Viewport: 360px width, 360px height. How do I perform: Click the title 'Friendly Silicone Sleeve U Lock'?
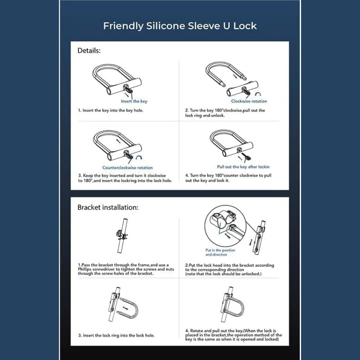pyautogui.click(x=180, y=26)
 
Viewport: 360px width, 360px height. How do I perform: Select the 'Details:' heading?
pyautogui.click(x=89, y=50)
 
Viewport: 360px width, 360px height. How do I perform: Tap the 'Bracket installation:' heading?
pyautogui.click(x=108, y=207)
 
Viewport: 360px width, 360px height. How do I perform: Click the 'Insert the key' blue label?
pyautogui.click(x=134, y=101)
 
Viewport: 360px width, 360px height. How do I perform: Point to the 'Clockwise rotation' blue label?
pyautogui.click(x=249, y=101)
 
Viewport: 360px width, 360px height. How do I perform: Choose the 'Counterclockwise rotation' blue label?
pyautogui.click(x=127, y=167)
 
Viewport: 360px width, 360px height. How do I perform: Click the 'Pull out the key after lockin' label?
pyautogui.click(x=243, y=167)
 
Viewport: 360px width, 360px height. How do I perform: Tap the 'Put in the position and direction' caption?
pyautogui.click(x=220, y=252)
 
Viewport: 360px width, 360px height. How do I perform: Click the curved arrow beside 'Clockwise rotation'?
pyautogui.click(x=258, y=94)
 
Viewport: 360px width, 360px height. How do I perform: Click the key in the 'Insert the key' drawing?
pyautogui.click(x=129, y=90)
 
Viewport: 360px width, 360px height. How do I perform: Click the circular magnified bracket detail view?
pyautogui.click(x=225, y=226)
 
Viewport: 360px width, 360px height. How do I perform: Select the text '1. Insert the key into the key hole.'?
pyautogui.click(x=111, y=110)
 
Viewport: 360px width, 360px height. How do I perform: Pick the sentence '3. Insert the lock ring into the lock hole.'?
pyautogui.click(x=117, y=335)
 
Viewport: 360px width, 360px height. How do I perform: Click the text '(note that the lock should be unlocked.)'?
pyautogui.click(x=223, y=274)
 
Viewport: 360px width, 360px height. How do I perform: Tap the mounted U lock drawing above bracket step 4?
pyautogui.click(x=232, y=304)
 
